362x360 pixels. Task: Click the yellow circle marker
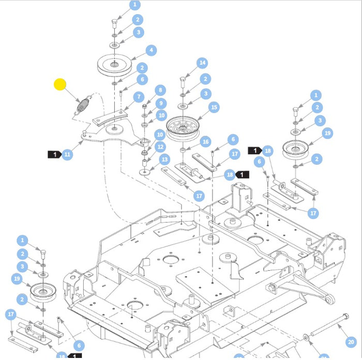coord(61,84)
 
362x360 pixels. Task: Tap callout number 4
coord(150,51)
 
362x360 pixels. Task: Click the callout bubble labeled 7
coord(138,97)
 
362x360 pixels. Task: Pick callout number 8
coord(160,90)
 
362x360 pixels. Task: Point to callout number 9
coord(160,103)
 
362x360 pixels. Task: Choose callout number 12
coord(161,147)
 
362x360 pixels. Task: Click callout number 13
coord(164,160)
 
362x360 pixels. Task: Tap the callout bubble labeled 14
coord(202,63)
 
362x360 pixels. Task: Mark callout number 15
coord(214,107)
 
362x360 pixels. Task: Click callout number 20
coord(352,341)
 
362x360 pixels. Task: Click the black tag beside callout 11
coord(54,154)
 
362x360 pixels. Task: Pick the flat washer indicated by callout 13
coord(146,170)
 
